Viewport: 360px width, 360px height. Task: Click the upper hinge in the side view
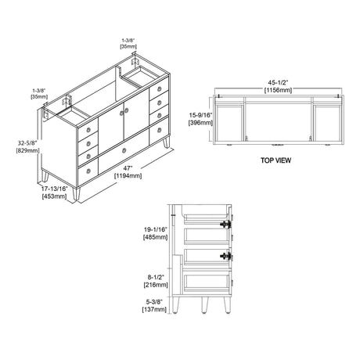228,225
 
